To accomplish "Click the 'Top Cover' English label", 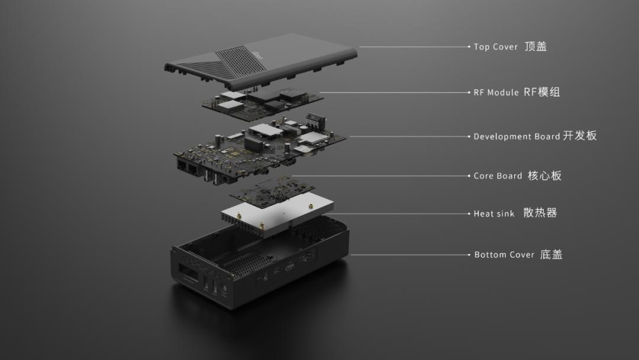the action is pyautogui.click(x=495, y=47).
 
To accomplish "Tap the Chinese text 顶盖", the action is pyautogui.click(x=535, y=46).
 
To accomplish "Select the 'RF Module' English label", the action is pyautogui.click(x=496, y=92).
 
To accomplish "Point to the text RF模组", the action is pyautogui.click(x=541, y=92).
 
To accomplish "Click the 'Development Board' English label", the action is pyautogui.click(x=517, y=137).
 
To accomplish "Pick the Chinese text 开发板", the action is pyautogui.click(x=580, y=136).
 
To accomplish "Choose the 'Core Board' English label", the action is pyautogui.click(x=498, y=176).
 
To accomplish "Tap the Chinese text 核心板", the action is pyautogui.click(x=544, y=175).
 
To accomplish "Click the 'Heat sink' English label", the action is pyautogui.click(x=494, y=214).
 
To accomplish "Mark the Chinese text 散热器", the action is pyautogui.click(x=540, y=213).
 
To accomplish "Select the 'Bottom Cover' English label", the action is pyautogui.click(x=504, y=255).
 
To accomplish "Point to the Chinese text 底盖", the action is pyautogui.click(x=551, y=255).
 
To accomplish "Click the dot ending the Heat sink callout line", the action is pyautogui.click(x=469, y=214).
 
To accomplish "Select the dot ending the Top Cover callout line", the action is pyautogui.click(x=469, y=47).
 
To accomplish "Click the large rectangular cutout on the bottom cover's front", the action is pyautogui.click(x=188, y=272).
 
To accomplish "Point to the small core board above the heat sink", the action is pyautogui.click(x=272, y=188).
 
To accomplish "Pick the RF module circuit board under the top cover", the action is pyautogui.click(x=263, y=104).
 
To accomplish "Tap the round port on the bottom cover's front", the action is pyautogui.click(x=224, y=290).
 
